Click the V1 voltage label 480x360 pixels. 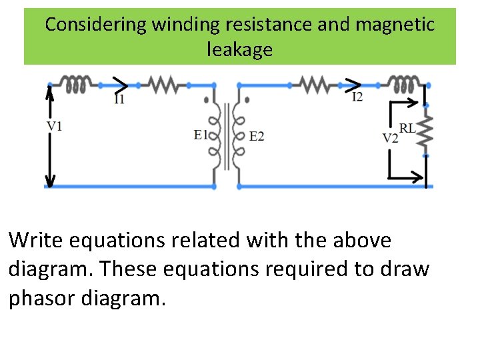pyautogui.click(x=55, y=125)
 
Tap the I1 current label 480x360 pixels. pyautogui.click(x=119, y=99)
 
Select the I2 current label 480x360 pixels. pyautogui.click(x=357, y=97)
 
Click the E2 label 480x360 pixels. pyautogui.click(x=257, y=137)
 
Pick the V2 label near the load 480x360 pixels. pyautogui.click(x=390, y=138)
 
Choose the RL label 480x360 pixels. pyautogui.click(x=407, y=127)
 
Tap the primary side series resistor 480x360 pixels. pyautogui.click(x=162, y=85)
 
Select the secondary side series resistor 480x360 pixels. pyautogui.click(x=313, y=85)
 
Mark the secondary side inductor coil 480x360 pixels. pyautogui.click(x=405, y=85)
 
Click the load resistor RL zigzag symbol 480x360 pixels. pyautogui.click(x=426, y=130)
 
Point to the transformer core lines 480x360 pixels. pyautogui.click(x=231, y=137)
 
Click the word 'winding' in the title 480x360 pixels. pyautogui.click(x=185, y=25)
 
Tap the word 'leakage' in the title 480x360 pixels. pyautogui.click(x=240, y=49)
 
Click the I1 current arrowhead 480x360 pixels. pyautogui.click(x=121, y=85)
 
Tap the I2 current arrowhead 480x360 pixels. pyautogui.click(x=354, y=85)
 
